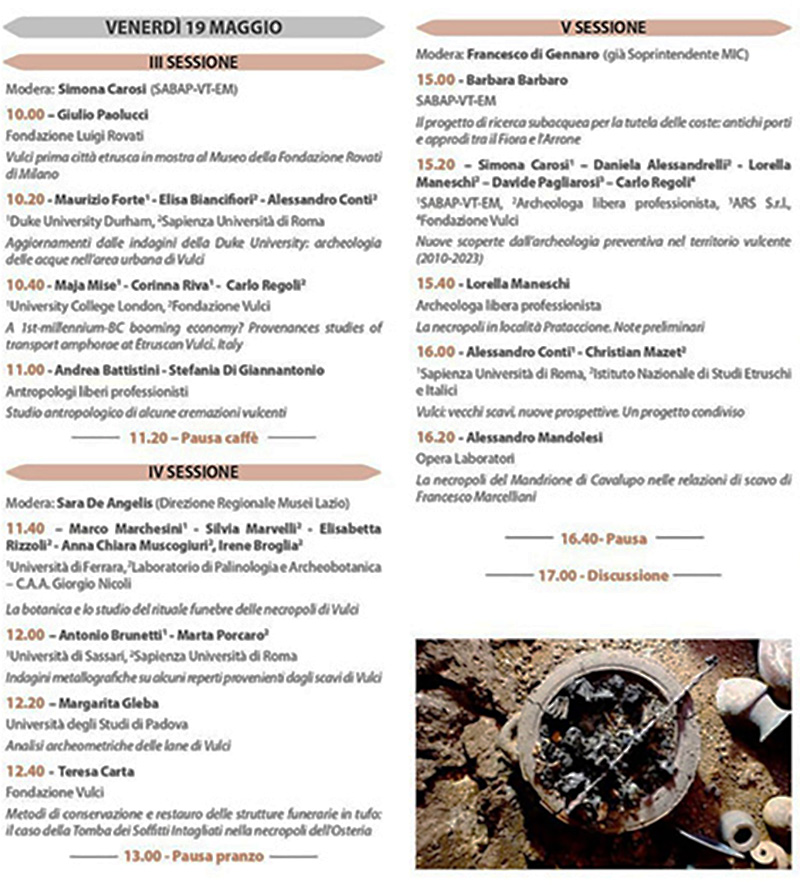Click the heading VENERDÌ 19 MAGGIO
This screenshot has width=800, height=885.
point(194,27)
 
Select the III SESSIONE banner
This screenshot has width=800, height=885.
point(194,62)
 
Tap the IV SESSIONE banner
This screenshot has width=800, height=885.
point(194,471)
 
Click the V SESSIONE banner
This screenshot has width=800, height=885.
point(603,27)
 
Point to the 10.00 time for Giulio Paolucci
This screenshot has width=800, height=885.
point(25,114)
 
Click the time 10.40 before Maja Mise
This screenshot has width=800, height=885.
point(25,285)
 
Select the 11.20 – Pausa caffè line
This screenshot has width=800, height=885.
point(194,437)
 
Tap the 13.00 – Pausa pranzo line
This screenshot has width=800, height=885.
point(194,856)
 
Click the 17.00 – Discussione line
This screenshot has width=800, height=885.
point(603,575)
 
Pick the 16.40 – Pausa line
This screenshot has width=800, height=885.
point(603,538)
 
